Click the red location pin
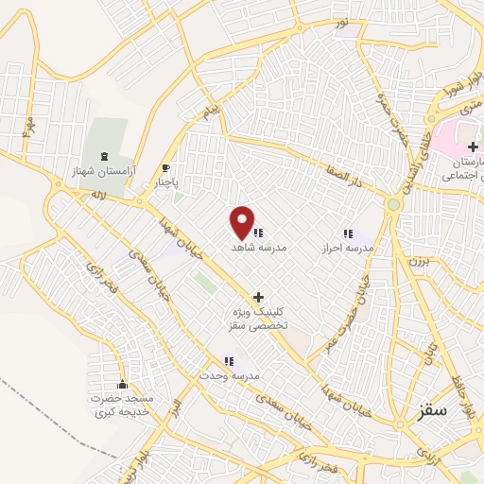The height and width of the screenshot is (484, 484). point(243,222)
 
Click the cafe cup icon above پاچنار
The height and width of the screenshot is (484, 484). point(167,166)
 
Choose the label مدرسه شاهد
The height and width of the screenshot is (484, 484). point(259,246)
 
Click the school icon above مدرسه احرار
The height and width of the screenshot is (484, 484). point(347,233)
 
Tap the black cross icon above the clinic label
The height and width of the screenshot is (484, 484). point(258,297)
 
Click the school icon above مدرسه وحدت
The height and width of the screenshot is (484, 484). point(228,361)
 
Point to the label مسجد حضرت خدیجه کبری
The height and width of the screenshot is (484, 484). point(121,404)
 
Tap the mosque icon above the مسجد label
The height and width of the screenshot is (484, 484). point(121,384)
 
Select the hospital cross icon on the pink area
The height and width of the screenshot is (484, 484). point(473,147)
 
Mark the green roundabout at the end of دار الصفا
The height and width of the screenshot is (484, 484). point(393,204)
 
